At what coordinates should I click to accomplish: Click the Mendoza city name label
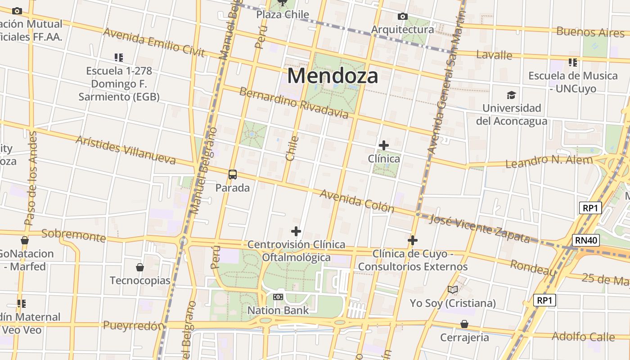(x=333, y=76)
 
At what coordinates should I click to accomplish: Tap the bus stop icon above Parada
(x=233, y=175)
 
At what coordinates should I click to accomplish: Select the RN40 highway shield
(x=586, y=240)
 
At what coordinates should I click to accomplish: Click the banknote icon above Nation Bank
(x=278, y=297)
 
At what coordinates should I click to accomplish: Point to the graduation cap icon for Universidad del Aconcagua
(x=511, y=95)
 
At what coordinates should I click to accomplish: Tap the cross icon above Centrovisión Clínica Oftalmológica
(x=296, y=231)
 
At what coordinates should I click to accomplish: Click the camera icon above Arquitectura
(x=403, y=17)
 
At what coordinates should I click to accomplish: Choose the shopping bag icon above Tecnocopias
(x=140, y=267)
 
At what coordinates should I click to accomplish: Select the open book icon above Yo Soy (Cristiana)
(x=453, y=290)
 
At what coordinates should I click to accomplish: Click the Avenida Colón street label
(x=357, y=201)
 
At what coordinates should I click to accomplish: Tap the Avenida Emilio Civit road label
(x=154, y=43)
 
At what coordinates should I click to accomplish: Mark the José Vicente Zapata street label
(x=480, y=229)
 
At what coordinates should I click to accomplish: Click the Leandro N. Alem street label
(x=553, y=161)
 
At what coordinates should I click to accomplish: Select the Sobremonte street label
(x=73, y=235)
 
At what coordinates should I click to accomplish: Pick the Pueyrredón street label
(x=134, y=325)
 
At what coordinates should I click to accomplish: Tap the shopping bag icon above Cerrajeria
(x=464, y=324)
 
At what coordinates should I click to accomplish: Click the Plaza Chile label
(x=283, y=14)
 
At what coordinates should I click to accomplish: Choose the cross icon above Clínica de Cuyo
(x=413, y=240)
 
